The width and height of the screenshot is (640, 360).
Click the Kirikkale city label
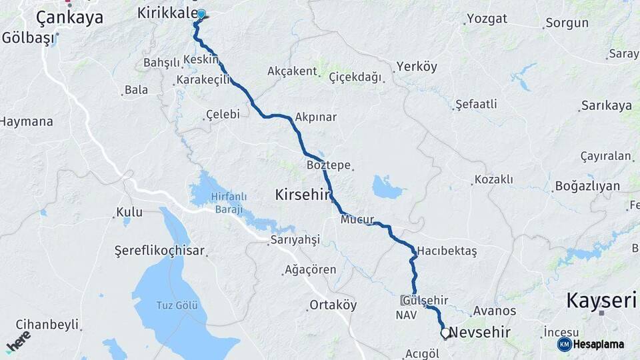[167, 13]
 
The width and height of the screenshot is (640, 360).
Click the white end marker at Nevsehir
[445, 333]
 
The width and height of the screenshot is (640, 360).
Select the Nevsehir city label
[480, 332]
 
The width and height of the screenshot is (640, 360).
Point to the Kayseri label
[601, 301]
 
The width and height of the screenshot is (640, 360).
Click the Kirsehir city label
[303, 195]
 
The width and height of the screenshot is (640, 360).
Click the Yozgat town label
[487, 19]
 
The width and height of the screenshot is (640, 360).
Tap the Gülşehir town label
[425, 301]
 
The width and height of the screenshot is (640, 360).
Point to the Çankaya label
[69, 17]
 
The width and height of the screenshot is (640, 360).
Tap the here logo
[18, 341]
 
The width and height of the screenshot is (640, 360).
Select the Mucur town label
[357, 219]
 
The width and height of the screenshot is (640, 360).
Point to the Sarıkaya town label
[606, 105]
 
